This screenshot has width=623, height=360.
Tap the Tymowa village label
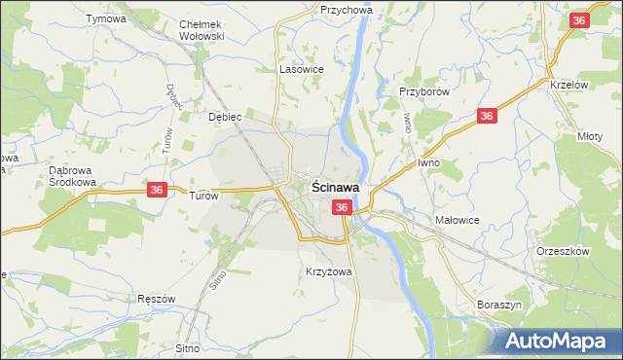[106, 19]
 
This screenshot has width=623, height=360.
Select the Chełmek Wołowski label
[202, 30]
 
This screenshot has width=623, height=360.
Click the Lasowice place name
[301, 70]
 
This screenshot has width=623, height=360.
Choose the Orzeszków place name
[564, 251]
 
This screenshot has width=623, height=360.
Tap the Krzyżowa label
[328, 271]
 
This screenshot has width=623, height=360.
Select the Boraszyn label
[500, 305]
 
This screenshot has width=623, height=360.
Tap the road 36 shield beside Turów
[157, 192]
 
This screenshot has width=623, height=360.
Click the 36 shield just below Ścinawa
[342, 207]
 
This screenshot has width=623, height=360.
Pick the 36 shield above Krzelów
[579, 21]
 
